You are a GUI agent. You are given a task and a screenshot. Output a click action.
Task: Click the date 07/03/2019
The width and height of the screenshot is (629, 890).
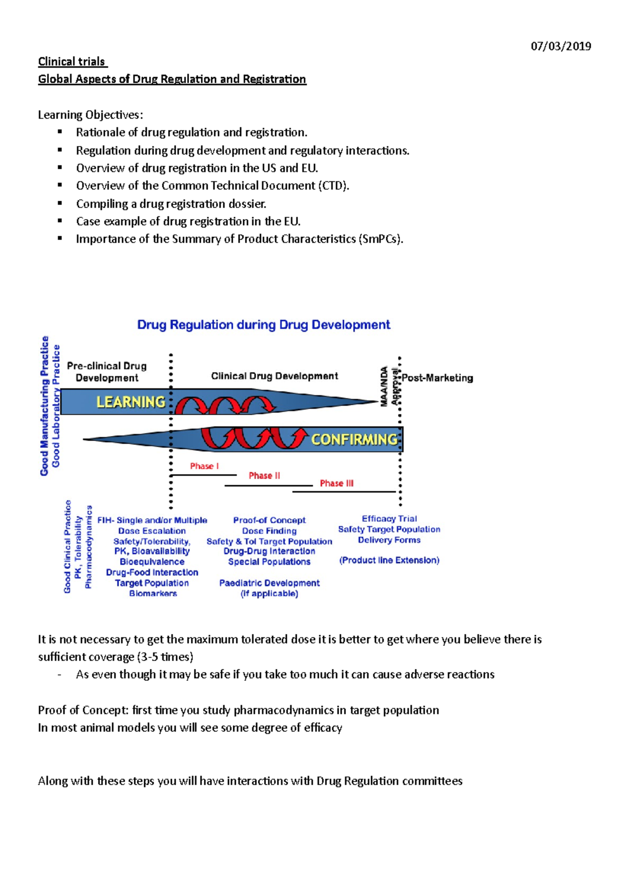[561, 46]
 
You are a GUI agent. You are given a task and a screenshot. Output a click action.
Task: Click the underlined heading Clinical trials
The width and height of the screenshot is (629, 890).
[72, 62]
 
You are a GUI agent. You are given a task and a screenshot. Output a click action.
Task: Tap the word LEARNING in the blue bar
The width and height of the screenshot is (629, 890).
[131, 402]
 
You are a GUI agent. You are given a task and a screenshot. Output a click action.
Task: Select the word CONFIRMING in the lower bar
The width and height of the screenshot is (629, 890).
[354, 439]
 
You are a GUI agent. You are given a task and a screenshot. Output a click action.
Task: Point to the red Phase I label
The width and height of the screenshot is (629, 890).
[204, 466]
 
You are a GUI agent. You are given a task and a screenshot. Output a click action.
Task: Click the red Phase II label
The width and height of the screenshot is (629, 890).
[264, 475]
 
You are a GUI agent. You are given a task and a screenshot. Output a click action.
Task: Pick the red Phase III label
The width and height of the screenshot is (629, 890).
[337, 483]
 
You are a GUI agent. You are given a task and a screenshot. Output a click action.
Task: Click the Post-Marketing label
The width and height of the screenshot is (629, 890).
[437, 378]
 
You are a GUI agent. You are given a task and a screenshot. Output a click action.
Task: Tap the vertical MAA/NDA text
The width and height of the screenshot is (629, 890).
[384, 386]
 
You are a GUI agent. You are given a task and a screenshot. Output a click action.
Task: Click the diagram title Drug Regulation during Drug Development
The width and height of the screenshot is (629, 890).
[264, 325]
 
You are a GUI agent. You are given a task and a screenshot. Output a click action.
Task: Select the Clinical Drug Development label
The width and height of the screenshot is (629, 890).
[274, 376]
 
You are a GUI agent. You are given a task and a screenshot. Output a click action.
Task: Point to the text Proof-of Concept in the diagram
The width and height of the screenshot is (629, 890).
[269, 520]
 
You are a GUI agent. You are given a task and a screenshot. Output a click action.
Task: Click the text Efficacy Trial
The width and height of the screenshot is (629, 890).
[389, 518]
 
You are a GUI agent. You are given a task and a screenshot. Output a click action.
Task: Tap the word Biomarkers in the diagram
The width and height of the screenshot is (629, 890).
[153, 593]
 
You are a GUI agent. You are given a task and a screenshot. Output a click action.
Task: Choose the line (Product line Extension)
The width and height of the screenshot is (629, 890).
[389, 560]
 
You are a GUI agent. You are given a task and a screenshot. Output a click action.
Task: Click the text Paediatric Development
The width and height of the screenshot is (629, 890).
[269, 583]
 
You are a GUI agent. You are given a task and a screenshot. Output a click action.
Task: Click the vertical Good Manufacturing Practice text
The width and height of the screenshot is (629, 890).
[45, 406]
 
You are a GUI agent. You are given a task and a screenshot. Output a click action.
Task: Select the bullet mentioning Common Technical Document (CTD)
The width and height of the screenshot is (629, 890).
[212, 186]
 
